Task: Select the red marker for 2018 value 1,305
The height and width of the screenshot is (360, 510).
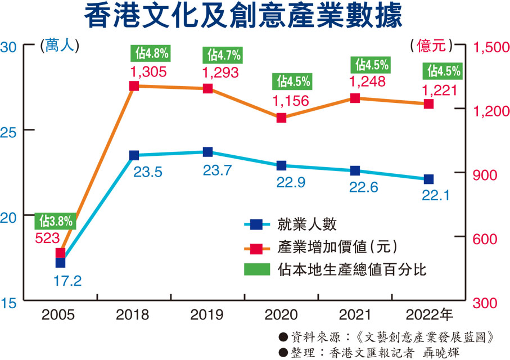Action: pos(134,86)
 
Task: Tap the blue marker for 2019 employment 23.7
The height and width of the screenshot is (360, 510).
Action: pos(207,152)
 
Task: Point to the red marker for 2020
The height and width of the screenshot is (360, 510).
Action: pos(281,118)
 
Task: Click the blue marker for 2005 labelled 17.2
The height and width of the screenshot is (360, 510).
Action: pos(60,263)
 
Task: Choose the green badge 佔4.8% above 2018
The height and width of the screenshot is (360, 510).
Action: pos(151,54)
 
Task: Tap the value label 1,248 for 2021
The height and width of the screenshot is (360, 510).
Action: pos(367,82)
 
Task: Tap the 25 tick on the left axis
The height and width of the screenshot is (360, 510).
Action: pos(11,130)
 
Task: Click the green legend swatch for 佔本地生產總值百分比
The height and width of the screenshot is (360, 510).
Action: pos(256,269)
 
